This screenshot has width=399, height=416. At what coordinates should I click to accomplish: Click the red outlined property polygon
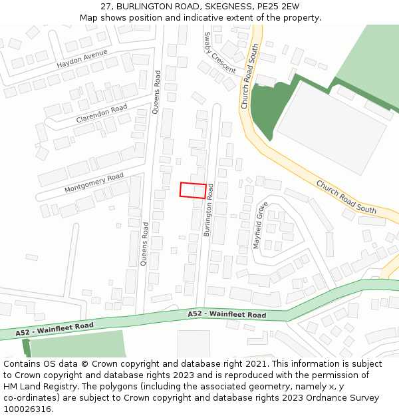point(192,190)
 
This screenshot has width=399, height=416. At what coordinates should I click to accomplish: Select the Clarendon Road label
point(101,113)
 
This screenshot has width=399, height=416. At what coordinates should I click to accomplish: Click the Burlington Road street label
point(209,210)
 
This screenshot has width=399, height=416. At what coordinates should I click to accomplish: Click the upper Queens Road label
point(157,92)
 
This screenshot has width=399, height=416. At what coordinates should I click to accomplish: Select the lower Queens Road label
point(144,244)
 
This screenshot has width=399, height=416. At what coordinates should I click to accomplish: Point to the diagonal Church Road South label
point(346,196)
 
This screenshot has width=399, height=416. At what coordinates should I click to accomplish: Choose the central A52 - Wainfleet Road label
point(227,314)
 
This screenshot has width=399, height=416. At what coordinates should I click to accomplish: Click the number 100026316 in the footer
point(27,409)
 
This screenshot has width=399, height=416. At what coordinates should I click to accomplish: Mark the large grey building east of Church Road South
point(331,126)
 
